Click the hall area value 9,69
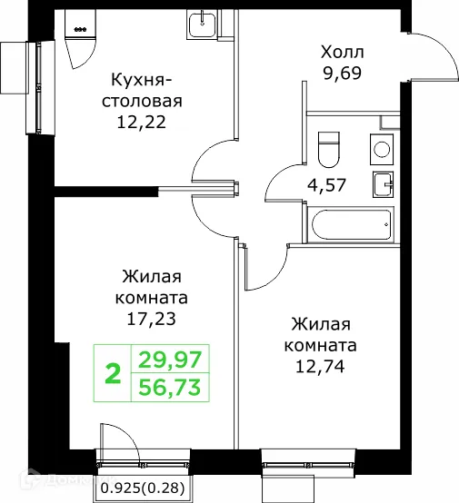341,74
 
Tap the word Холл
342,52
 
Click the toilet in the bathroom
329,145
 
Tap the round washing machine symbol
382,147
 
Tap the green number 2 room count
114,373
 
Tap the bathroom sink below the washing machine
383,183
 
